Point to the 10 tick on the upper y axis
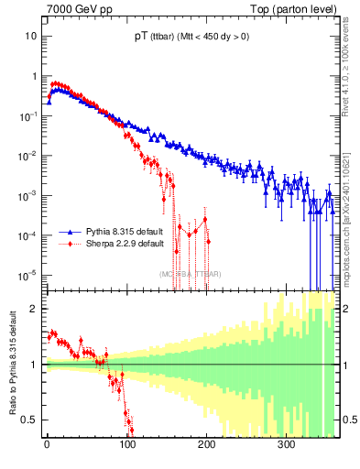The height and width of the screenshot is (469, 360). click(30, 36)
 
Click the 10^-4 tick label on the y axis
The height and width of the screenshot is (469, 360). click(28, 234)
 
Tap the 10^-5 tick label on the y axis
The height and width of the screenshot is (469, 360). click(28, 275)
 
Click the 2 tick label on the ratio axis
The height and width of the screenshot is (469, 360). click(34, 309)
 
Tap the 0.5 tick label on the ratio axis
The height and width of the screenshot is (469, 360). click(30, 420)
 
